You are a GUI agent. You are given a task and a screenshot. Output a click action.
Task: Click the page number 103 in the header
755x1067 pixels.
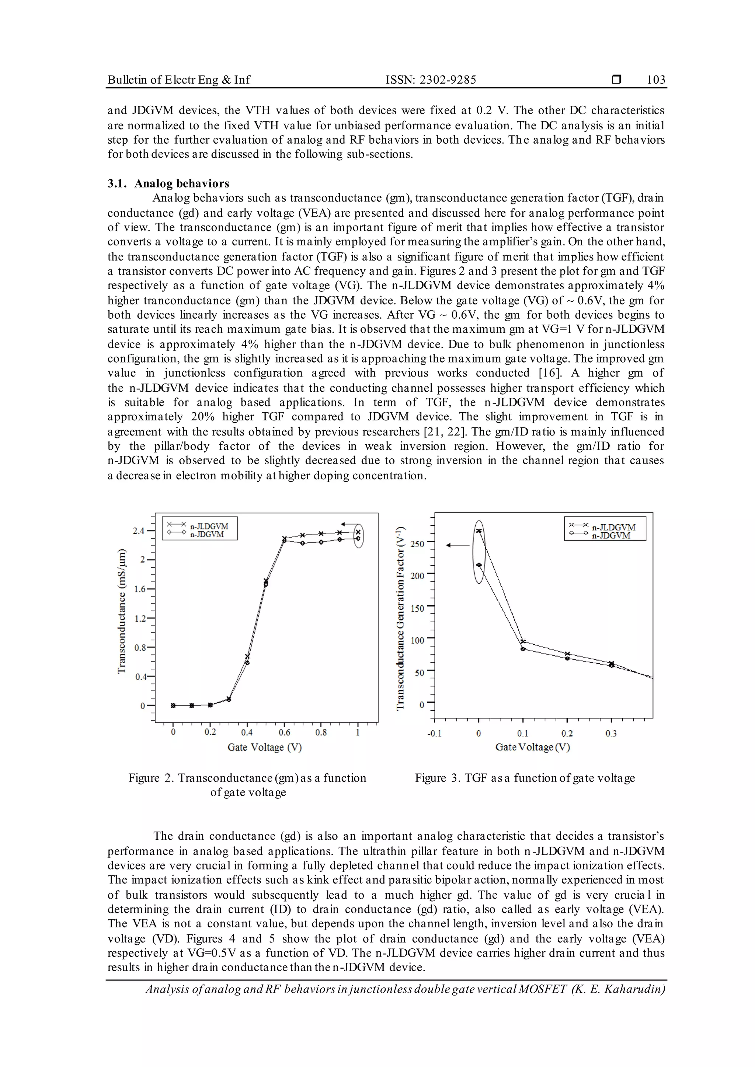(655, 80)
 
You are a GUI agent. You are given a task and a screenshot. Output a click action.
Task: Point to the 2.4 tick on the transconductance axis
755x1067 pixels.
(139, 531)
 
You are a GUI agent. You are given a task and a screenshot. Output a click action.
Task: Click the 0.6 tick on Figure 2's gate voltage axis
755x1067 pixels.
(284, 732)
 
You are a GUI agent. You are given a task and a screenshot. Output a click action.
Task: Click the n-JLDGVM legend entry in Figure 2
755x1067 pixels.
(209, 526)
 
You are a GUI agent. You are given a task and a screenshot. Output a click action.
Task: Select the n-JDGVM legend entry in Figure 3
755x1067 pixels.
(611, 535)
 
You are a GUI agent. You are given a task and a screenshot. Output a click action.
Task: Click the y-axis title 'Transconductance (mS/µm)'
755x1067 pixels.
(122, 612)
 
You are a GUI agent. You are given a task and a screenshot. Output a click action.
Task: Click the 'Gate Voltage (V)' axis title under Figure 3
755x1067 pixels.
(532, 747)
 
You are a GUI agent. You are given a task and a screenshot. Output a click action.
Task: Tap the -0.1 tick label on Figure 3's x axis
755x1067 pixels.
(434, 733)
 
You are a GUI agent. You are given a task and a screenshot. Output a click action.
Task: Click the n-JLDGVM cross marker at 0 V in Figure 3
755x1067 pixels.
(479, 531)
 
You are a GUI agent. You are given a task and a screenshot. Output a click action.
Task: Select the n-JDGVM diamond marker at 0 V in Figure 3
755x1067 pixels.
(479, 565)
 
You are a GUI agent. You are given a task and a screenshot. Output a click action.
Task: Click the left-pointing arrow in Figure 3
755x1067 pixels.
(457, 545)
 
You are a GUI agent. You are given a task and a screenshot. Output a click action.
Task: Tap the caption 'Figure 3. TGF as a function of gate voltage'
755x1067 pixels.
(525, 778)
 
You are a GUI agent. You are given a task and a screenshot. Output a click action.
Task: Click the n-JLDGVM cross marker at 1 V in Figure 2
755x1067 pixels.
(358, 532)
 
